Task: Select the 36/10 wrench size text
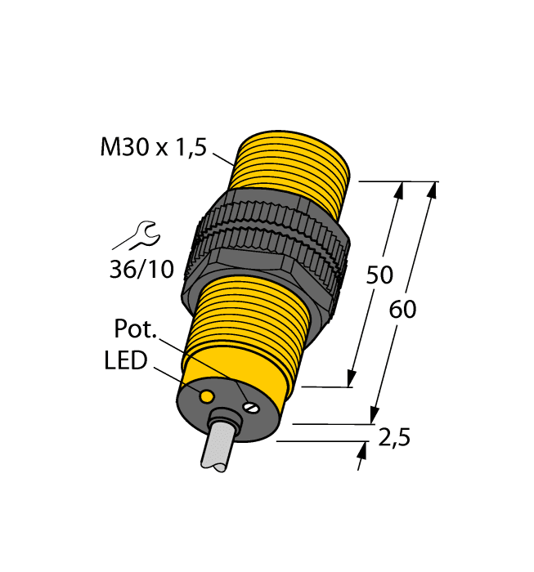coord(141,268)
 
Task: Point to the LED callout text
coord(125,360)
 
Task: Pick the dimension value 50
coord(379,275)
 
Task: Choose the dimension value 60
coord(404,310)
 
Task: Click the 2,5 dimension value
coord(394,438)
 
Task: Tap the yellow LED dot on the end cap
coord(208,396)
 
